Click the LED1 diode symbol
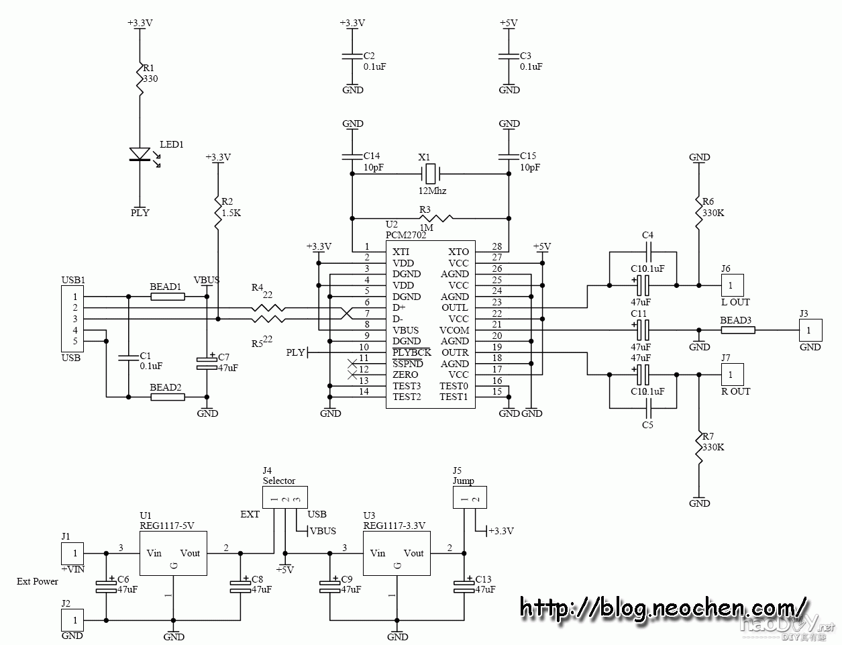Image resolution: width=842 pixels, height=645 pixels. (x=140, y=154)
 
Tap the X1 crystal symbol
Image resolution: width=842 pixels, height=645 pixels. (x=429, y=174)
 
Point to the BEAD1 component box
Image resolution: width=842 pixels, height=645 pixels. (x=167, y=296)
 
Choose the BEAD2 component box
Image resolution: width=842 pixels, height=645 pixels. (x=167, y=397)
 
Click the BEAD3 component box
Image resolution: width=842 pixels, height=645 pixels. (x=737, y=330)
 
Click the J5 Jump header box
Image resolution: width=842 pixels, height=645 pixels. (x=470, y=498)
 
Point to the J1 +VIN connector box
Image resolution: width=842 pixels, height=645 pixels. (x=74, y=554)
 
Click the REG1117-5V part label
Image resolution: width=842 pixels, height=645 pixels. (x=167, y=526)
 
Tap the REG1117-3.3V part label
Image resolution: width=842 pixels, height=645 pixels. (x=394, y=526)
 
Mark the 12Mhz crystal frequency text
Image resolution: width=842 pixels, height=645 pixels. (x=432, y=191)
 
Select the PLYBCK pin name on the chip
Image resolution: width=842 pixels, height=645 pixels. (x=412, y=352)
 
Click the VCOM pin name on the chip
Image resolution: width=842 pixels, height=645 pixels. (x=454, y=330)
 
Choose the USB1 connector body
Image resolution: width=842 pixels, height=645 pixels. (x=70, y=319)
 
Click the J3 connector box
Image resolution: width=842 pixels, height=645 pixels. (x=810, y=330)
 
